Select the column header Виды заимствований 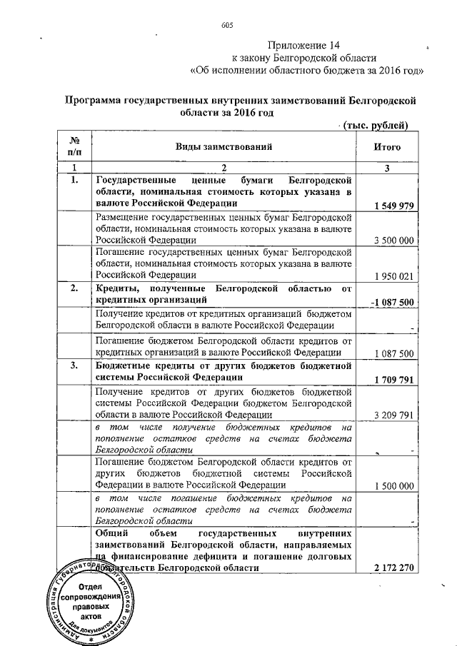(225, 147)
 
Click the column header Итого (388, 147)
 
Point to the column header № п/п (74, 147)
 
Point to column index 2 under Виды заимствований (224, 167)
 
